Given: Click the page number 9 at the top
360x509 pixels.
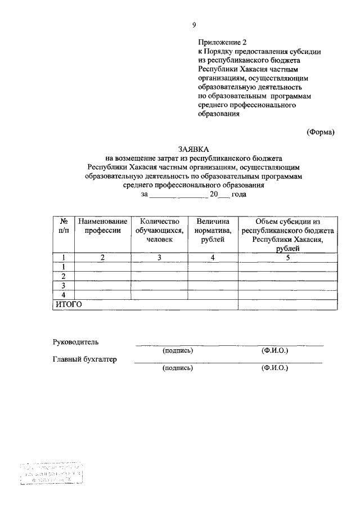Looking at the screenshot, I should click(x=193, y=24).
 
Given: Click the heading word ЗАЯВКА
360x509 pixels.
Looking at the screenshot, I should click(x=193, y=149).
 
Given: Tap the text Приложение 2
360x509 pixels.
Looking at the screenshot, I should click(x=222, y=42).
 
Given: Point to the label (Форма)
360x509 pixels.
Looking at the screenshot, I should click(x=321, y=132).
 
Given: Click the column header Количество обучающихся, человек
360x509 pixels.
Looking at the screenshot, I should click(x=159, y=231).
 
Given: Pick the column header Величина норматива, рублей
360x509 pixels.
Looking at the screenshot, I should click(x=213, y=231).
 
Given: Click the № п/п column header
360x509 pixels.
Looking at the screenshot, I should click(x=64, y=226).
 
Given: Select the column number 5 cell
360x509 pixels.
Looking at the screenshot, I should click(x=287, y=258).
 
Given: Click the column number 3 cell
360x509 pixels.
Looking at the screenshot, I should click(x=159, y=258).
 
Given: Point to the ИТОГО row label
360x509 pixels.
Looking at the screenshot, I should click(x=68, y=304).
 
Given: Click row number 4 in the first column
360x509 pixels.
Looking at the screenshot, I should click(x=64, y=295).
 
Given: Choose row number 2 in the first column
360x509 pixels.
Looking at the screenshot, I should click(x=64, y=276).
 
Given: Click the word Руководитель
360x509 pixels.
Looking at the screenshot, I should click(x=75, y=342).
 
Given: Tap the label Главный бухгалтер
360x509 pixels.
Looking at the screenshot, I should click(x=85, y=360).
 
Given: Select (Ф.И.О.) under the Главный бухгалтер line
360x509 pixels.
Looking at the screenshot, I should click(x=274, y=369).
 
